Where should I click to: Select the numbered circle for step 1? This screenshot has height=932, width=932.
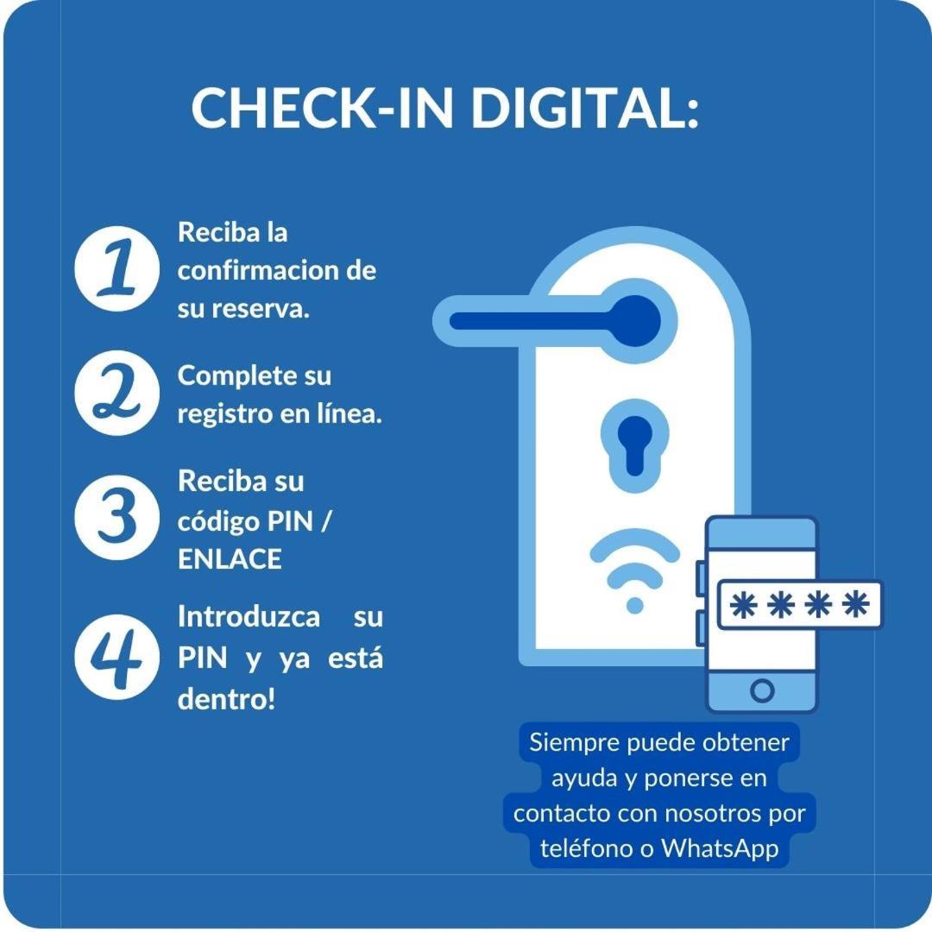(x=117, y=268)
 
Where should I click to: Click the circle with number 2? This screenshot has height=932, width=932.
(x=117, y=393)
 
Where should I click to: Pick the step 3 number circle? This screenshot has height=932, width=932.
(x=117, y=517)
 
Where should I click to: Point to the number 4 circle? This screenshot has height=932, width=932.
(x=117, y=657)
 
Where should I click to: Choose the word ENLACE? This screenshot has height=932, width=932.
(x=230, y=559)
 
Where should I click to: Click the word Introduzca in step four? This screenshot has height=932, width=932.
(x=249, y=617)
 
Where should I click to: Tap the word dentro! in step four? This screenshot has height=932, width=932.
(x=226, y=699)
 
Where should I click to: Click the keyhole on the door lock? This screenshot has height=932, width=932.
(x=635, y=446)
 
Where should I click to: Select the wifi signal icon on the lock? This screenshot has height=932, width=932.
(x=635, y=570)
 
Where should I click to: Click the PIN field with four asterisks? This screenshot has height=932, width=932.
(x=800, y=604)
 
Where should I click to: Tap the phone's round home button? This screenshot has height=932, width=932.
(x=762, y=690)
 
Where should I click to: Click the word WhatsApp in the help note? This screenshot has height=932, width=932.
(x=720, y=849)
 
